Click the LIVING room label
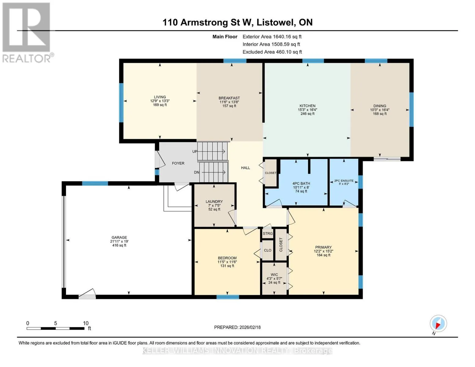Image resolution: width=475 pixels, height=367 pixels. (x=160, y=97)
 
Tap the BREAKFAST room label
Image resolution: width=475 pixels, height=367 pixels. (x=229, y=98)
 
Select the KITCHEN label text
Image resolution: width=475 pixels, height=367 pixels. (x=307, y=106)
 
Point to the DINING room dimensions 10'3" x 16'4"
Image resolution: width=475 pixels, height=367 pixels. (x=380, y=110)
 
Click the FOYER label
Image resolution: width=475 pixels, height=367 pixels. (x=178, y=163)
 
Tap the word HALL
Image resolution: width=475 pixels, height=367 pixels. (x=246, y=168)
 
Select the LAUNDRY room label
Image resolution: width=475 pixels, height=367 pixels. (x=214, y=202)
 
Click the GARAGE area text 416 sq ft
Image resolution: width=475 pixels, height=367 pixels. (x=119, y=245)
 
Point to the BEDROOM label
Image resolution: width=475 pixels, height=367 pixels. (x=227, y=258)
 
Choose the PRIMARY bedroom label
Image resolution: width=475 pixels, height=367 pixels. (x=323, y=247)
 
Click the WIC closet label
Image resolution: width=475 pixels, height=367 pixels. (x=274, y=275)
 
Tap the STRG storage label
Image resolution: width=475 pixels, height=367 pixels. (x=268, y=233)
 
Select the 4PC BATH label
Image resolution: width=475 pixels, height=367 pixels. (x=301, y=183)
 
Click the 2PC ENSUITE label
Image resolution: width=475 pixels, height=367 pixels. (x=343, y=180)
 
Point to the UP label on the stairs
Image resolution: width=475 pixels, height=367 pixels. (x=195, y=151)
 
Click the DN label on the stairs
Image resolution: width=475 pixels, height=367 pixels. (x=196, y=172)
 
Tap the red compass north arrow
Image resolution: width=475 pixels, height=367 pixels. (x=438, y=325)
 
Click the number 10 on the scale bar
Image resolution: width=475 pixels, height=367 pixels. (x=86, y=323)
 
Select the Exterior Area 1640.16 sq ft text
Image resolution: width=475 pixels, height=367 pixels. (x=272, y=37)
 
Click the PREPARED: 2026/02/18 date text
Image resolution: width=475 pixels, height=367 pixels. (x=237, y=327)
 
